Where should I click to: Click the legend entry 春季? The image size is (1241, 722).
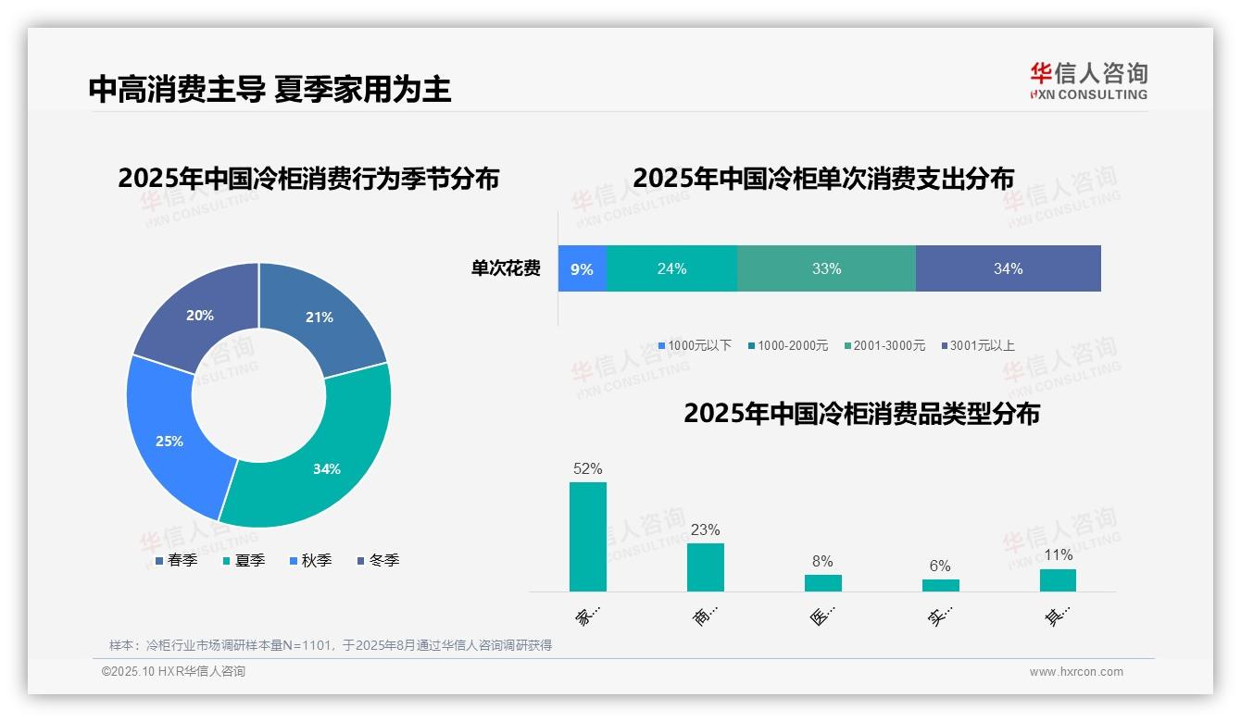click(176, 560)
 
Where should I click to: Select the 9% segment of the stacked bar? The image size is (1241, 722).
click(582, 268)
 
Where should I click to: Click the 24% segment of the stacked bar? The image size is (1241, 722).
click(671, 268)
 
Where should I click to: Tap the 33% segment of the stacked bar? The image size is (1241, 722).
click(826, 268)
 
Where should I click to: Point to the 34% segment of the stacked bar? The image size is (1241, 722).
click(1008, 268)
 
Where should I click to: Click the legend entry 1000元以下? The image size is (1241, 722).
click(695, 345)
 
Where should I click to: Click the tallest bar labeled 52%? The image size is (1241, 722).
click(587, 537)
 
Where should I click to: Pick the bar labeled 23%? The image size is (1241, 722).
click(705, 566)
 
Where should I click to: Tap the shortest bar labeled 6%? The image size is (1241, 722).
click(940, 585)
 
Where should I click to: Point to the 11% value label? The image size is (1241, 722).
click(1058, 554)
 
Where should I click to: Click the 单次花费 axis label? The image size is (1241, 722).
click(506, 268)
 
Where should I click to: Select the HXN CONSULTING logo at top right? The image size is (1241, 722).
click(1088, 80)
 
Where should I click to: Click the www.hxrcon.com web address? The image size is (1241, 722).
click(1076, 672)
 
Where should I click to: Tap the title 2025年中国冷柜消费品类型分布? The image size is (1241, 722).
click(861, 413)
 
